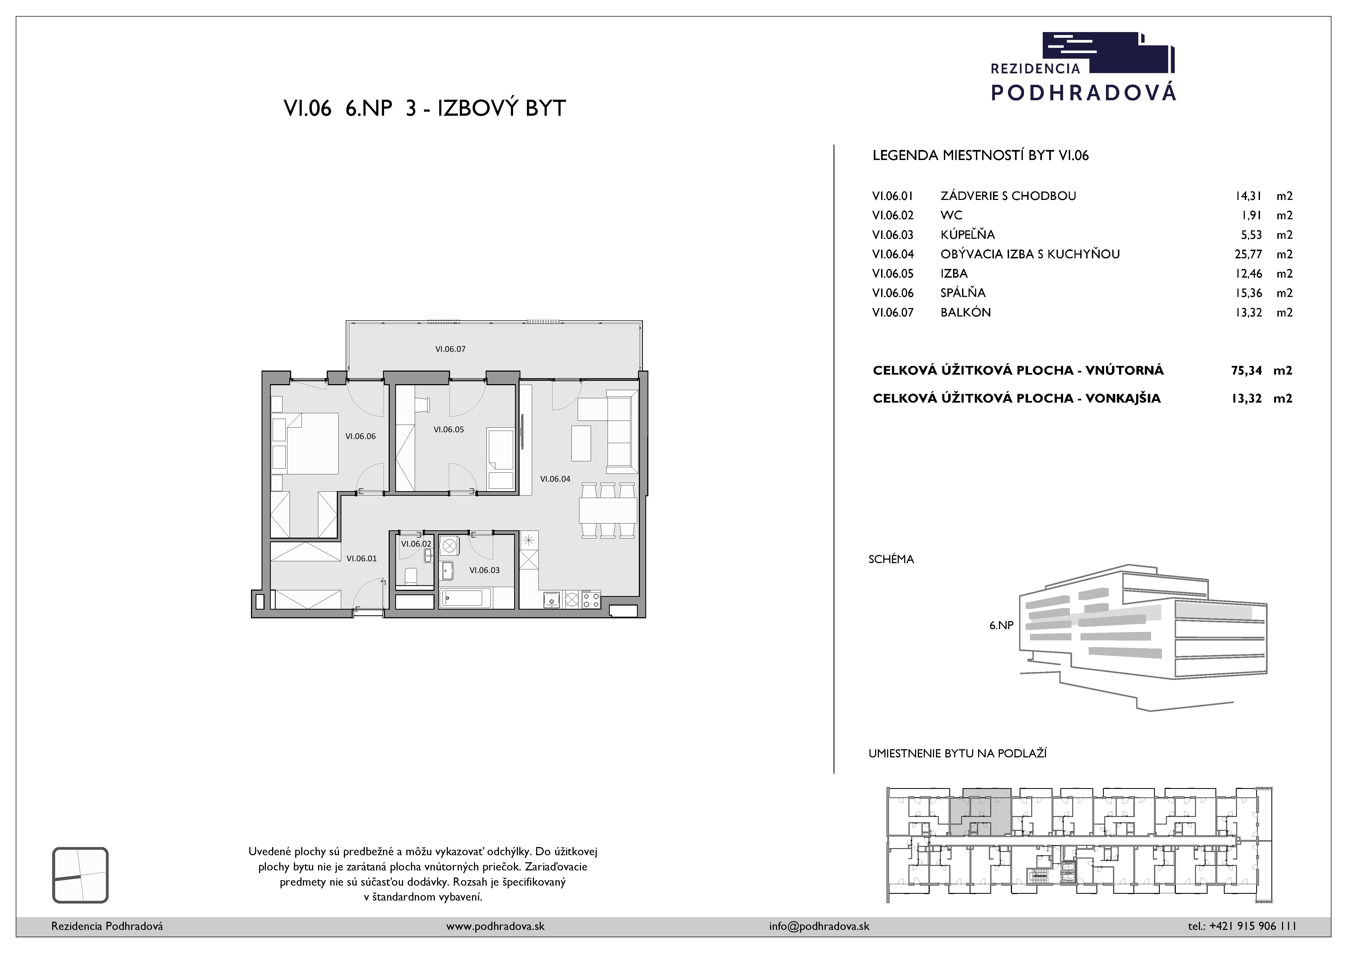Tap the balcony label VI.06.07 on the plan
tap(450, 349)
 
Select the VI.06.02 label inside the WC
tap(416, 544)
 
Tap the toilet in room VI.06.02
tap(411, 576)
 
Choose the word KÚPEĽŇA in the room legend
tap(967, 234)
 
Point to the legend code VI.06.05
tap(893, 274)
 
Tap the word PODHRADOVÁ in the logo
tap(1084, 92)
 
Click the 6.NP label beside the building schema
tap(1002, 625)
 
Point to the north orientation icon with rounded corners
tap(80, 875)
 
